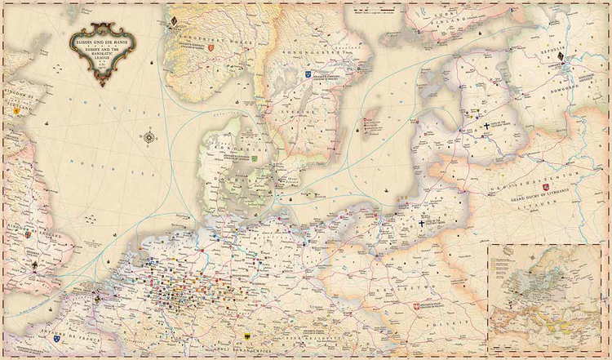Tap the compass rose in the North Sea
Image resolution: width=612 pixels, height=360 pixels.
[x=149, y=137]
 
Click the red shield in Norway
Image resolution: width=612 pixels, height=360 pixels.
[x=211, y=49]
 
